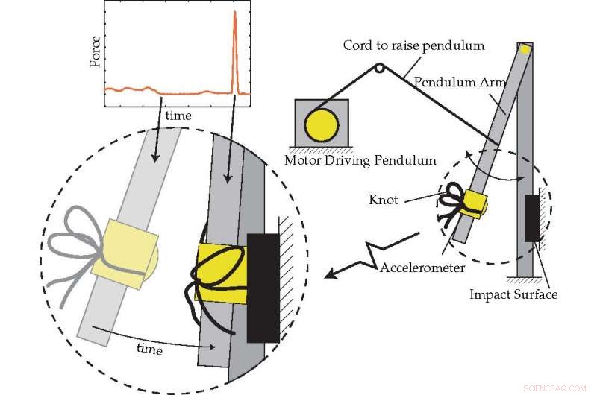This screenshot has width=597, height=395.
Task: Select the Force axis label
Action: pyautogui.click(x=95, y=51)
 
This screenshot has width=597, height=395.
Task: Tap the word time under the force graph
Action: pyautogui.click(x=178, y=116)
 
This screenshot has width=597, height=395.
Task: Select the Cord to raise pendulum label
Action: pyautogui.click(x=413, y=45)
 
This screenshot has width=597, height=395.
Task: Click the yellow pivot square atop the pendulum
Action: pyautogui.click(x=525, y=50)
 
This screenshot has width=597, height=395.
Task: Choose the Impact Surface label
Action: pyautogui.click(x=513, y=294)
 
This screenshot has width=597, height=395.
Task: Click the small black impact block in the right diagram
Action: pyautogui.click(x=532, y=218)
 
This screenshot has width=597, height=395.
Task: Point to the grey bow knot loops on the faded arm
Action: pyautogui.click(x=82, y=231)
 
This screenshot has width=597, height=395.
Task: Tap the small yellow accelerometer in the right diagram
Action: pyautogui.click(x=474, y=203)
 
